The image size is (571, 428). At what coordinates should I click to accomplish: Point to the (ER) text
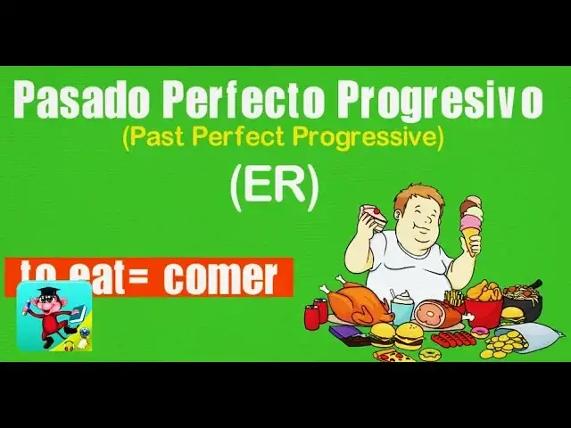273,188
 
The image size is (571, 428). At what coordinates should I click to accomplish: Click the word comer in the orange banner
219,278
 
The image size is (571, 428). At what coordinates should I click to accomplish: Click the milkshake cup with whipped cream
401,306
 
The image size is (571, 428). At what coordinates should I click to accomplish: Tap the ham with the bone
437,313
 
